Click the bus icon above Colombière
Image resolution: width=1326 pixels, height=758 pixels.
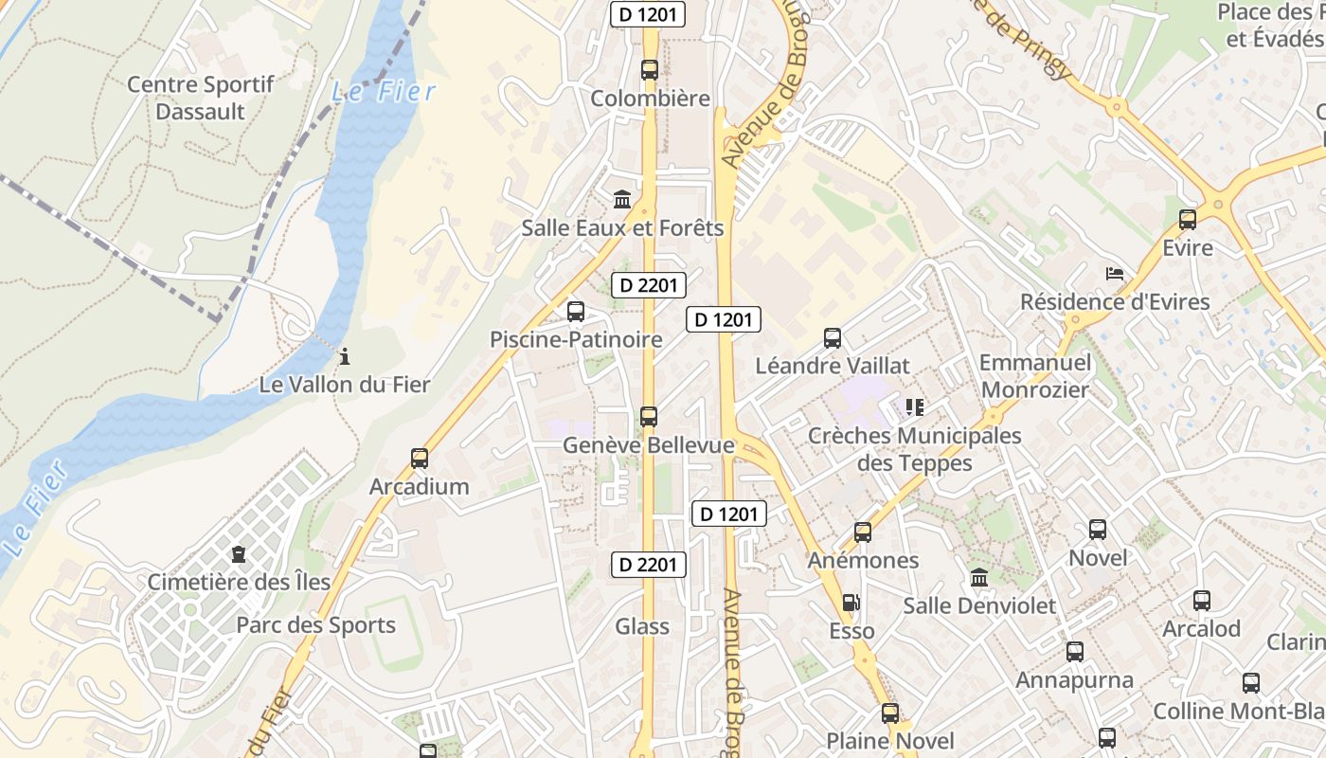coord(649,69)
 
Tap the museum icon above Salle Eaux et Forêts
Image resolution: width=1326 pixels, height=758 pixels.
coord(622,199)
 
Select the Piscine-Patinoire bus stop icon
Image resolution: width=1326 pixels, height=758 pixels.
coord(575,311)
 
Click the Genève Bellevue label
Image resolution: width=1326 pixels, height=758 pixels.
coord(649,445)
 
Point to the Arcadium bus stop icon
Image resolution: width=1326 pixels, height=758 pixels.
coord(420,459)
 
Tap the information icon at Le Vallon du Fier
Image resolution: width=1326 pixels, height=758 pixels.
coord(345,357)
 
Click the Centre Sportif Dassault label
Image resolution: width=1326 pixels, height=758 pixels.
coord(200,98)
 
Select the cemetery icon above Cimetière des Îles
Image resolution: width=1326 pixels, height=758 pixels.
coord(238,553)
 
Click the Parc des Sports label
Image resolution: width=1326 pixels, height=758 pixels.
coord(315,625)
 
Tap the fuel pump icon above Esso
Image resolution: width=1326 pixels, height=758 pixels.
coord(851,603)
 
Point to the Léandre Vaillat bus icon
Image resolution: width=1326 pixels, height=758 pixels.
coord(833,337)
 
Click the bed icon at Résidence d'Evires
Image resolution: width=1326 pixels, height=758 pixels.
coord(1115,274)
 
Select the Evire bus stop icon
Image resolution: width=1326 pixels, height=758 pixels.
coord(1188,220)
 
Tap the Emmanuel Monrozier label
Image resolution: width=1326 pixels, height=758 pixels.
coord(1035,376)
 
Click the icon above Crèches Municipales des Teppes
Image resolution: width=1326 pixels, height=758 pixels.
coord(914,407)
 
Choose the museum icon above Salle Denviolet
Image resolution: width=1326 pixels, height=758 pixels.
coord(979,577)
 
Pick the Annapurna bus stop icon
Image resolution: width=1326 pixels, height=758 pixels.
coord(1075,652)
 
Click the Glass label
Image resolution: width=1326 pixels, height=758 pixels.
coord(642,626)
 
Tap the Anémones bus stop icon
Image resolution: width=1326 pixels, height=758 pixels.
coord(863,532)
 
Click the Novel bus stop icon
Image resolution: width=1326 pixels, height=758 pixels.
coord(1098,530)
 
